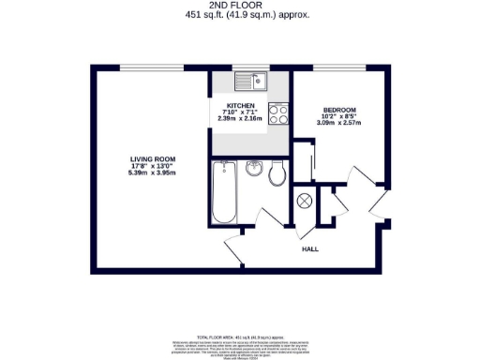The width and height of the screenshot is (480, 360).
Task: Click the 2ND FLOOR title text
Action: tap(240, 5)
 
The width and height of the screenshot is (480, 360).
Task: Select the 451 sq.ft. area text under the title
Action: tap(240, 15)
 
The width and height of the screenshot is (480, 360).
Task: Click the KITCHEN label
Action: tap(240, 106)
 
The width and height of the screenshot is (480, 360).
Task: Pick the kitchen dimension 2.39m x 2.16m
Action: tap(240, 120)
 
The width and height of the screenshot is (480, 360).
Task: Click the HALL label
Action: tap(309, 250)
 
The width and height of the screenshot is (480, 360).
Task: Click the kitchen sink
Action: tap(250, 82)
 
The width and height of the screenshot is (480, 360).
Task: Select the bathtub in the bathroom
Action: tap(223, 193)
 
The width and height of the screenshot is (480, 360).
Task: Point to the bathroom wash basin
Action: tap(254, 170)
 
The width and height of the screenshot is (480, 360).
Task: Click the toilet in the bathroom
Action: tap(277, 174)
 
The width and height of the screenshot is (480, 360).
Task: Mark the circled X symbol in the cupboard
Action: tap(304, 200)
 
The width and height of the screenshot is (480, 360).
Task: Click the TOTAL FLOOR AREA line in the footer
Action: tap(240, 335)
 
